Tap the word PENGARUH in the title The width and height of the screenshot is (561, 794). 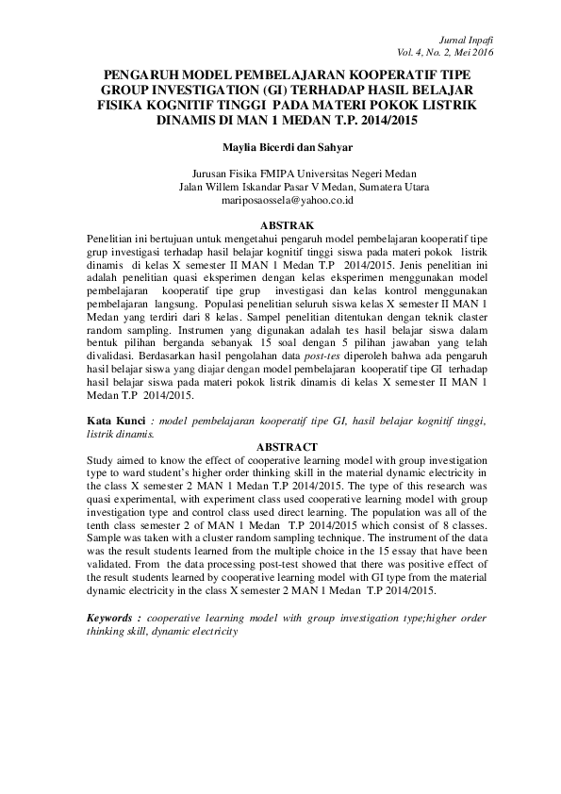[145, 74]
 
